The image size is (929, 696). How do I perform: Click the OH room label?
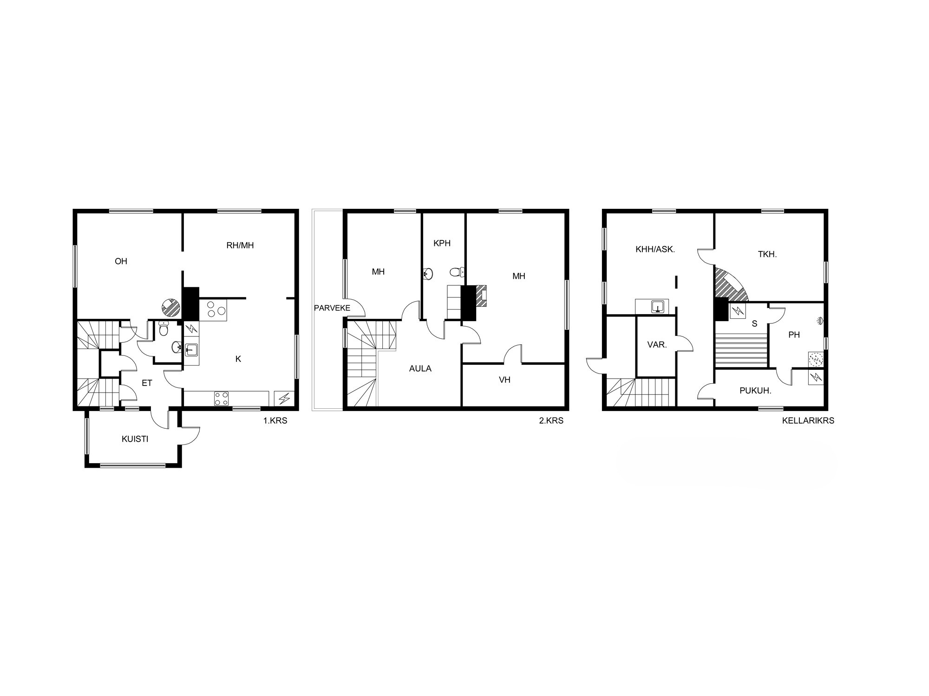coord(121,261)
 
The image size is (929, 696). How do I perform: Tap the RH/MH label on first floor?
coord(240,245)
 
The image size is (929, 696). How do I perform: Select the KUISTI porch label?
coord(135,439)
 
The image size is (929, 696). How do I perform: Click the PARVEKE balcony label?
coord(332,308)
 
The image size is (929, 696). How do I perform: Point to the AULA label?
coord(420,369)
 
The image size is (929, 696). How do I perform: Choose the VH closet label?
coord(504,380)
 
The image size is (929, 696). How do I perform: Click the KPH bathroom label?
coord(442,243)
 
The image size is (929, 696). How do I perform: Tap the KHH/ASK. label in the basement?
coord(655,249)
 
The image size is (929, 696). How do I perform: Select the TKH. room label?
coord(767,254)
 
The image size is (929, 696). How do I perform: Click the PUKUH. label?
coord(755,391)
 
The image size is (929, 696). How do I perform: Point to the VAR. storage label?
coord(657,345)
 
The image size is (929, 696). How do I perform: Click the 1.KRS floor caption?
coord(275,421)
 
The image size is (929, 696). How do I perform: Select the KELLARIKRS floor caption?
coord(808,421)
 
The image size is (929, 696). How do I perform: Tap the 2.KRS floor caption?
coord(551,421)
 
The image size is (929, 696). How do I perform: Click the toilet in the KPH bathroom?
coord(457,272)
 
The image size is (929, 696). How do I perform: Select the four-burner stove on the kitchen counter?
coord(221,398)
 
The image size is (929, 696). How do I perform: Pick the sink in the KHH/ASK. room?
coord(658,307)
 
